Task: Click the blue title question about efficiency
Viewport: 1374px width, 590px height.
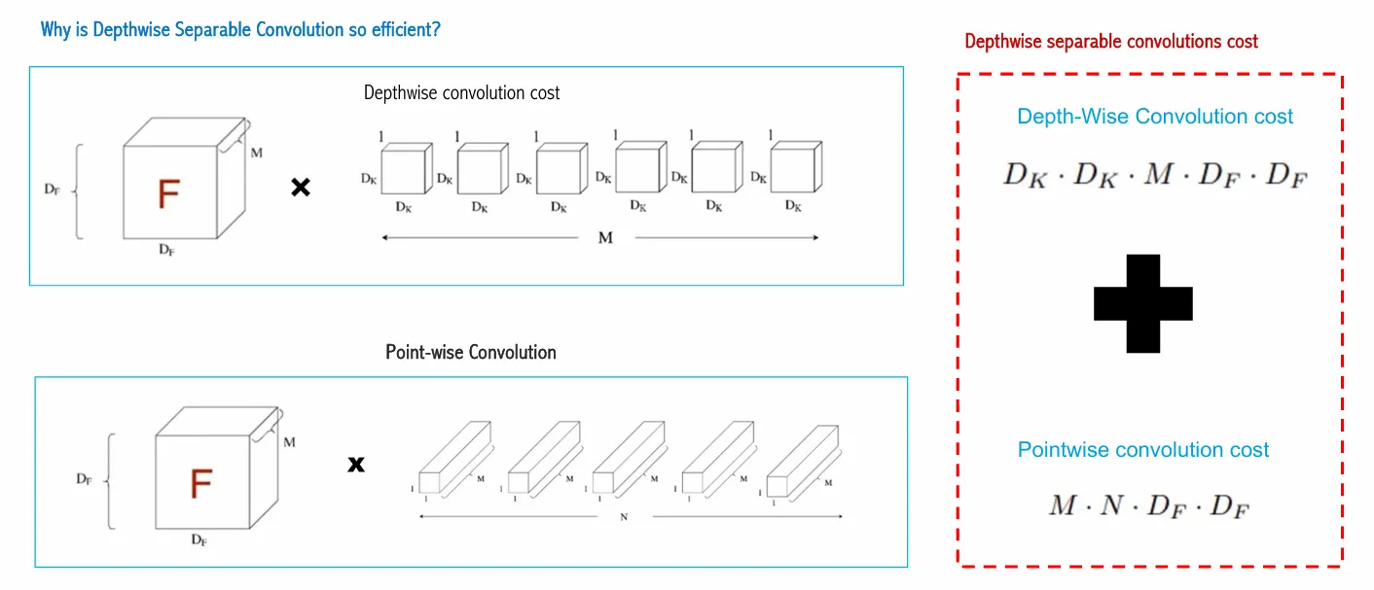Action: [x=240, y=30]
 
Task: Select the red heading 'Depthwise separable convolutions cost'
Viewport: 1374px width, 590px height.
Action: [x=1111, y=42]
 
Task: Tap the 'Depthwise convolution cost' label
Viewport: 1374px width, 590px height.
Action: [x=462, y=93]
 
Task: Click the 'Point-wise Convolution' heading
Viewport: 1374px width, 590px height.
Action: [x=471, y=352]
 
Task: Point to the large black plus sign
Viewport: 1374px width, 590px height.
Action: [x=1142, y=303]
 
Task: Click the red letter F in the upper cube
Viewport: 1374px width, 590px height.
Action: [x=168, y=194]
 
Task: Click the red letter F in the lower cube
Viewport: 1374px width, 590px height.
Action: [x=200, y=483]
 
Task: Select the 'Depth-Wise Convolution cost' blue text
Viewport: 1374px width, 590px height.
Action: [x=1155, y=117]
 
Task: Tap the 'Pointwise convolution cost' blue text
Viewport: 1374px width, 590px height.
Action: [x=1143, y=450]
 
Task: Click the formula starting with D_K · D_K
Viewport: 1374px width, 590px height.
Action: [x=1156, y=176]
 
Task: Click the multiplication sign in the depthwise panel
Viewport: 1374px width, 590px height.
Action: [x=301, y=188]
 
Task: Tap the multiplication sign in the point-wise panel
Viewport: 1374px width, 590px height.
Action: [x=356, y=465]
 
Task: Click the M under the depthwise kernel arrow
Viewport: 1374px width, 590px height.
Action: [x=605, y=238]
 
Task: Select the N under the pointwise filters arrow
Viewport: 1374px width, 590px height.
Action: [x=623, y=517]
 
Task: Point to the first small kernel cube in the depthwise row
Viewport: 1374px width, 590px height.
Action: [x=405, y=170]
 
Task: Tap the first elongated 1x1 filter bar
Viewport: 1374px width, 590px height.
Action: [x=452, y=462]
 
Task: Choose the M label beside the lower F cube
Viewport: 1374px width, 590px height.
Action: [x=289, y=442]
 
